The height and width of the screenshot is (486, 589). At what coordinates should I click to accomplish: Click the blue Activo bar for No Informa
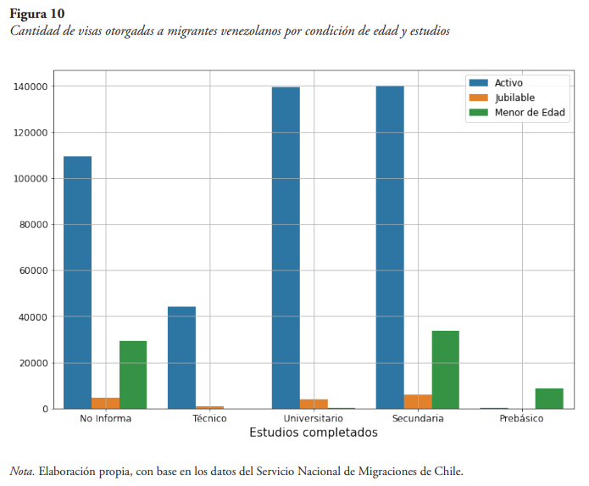pyautogui.click(x=77, y=282)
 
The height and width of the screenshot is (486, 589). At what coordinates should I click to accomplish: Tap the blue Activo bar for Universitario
pyautogui.click(x=286, y=248)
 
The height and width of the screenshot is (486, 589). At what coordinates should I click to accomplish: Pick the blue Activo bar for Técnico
pyautogui.click(x=181, y=357)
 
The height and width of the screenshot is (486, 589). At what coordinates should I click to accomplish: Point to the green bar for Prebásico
pyautogui.click(x=549, y=399)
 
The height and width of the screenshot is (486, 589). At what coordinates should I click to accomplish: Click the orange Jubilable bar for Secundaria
pyautogui.click(x=418, y=401)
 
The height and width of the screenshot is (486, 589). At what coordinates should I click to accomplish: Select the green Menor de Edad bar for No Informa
pyautogui.click(x=133, y=375)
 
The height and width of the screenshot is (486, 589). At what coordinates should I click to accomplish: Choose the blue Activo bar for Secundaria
pyautogui.click(x=390, y=247)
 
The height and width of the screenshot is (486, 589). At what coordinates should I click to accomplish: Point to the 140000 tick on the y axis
pyautogui.click(x=30, y=87)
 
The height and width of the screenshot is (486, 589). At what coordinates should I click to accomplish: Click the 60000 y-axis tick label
pyautogui.click(x=33, y=271)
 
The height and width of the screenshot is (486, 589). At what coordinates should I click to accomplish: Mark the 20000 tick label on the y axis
pyautogui.click(x=33, y=363)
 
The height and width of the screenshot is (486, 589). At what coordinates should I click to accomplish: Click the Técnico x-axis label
pyautogui.click(x=209, y=418)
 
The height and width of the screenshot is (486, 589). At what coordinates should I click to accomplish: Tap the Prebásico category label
pyautogui.click(x=521, y=418)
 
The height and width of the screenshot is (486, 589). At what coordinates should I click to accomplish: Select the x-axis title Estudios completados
pyautogui.click(x=313, y=433)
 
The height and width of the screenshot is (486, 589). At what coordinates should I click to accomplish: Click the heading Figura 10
pyautogui.click(x=36, y=14)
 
